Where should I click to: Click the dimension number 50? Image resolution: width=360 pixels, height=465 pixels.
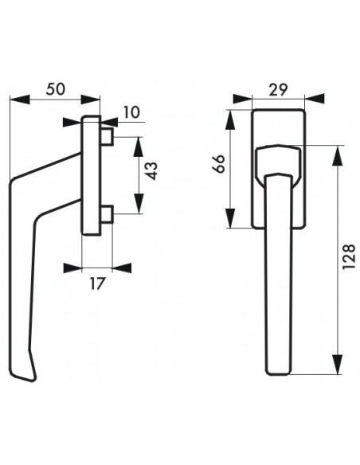(x=55, y=89)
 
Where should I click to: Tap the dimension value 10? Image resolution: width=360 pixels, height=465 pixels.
(x=131, y=112)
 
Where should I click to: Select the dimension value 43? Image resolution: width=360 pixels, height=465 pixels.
(x=152, y=171)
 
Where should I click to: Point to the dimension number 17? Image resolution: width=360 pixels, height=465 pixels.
(x=97, y=283)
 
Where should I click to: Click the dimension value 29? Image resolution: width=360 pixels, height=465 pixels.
(x=278, y=90)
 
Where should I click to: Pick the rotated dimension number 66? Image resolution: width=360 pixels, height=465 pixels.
(x=219, y=163)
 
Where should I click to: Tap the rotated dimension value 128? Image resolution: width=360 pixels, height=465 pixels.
(x=349, y=256)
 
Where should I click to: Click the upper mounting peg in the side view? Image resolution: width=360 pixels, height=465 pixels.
(x=107, y=137)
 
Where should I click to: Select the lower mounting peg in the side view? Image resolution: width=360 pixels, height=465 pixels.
(x=107, y=214)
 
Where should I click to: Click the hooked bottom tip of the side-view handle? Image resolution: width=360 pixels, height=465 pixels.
(x=33, y=377)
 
